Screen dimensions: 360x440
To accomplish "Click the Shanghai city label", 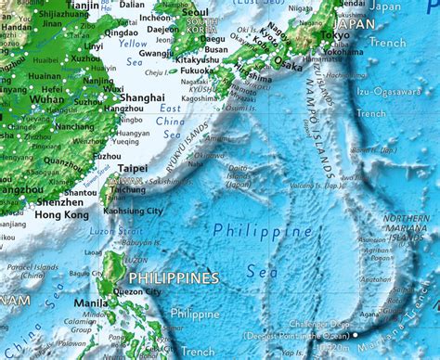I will (142, 97).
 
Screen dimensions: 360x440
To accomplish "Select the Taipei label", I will (132, 168).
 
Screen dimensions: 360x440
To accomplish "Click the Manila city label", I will (90, 302).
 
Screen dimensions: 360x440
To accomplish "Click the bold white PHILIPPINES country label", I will (174, 278).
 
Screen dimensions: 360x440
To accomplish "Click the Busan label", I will (221, 50).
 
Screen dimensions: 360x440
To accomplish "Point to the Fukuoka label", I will (197, 70).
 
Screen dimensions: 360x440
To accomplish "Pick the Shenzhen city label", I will (59, 201).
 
